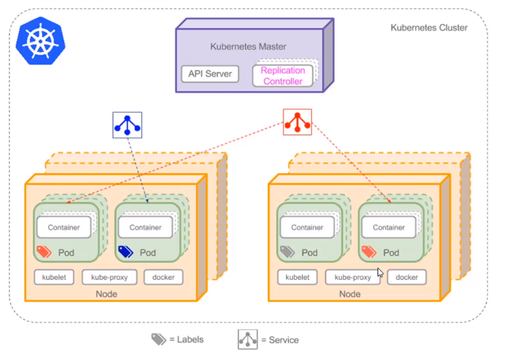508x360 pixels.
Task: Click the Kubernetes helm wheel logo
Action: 40,41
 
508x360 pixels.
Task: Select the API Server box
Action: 210,74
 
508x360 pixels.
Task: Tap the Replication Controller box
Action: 283,76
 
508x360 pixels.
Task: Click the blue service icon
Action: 127,125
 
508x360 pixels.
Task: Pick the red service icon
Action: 297,122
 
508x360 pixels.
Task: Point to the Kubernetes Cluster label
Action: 429,28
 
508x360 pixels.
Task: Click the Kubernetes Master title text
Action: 248,47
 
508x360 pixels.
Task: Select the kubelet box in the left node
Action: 54,277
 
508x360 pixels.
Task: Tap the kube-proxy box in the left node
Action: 110,277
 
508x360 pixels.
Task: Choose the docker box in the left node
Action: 163,277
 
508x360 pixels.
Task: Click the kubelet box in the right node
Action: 297,277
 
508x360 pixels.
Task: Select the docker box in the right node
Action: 407,277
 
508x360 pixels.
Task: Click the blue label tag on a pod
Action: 125,252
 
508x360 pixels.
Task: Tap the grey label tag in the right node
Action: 288,252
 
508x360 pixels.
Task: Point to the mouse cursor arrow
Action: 380,272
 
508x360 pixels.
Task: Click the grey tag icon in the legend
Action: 159,339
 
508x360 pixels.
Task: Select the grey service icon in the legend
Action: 248,339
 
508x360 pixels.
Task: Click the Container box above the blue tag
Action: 146,227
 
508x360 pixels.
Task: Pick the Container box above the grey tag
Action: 307,227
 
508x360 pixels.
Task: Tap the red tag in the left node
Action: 44,252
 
